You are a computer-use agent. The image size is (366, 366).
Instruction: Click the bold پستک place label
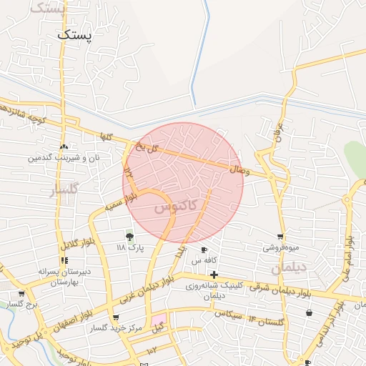click(x=75, y=34)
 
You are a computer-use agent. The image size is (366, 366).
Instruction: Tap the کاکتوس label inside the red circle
click(x=174, y=207)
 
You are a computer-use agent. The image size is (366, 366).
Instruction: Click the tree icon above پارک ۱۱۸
click(x=129, y=237)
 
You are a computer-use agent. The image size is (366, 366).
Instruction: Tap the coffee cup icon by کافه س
click(x=204, y=250)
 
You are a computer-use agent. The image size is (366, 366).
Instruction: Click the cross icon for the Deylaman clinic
click(x=213, y=274)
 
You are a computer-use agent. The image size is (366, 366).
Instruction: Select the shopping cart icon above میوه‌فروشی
click(x=280, y=237)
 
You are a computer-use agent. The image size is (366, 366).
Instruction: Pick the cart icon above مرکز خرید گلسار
click(x=116, y=318)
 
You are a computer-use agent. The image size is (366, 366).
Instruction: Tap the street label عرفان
click(x=279, y=130)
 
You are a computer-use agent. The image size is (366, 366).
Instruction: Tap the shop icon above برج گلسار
click(x=21, y=294)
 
